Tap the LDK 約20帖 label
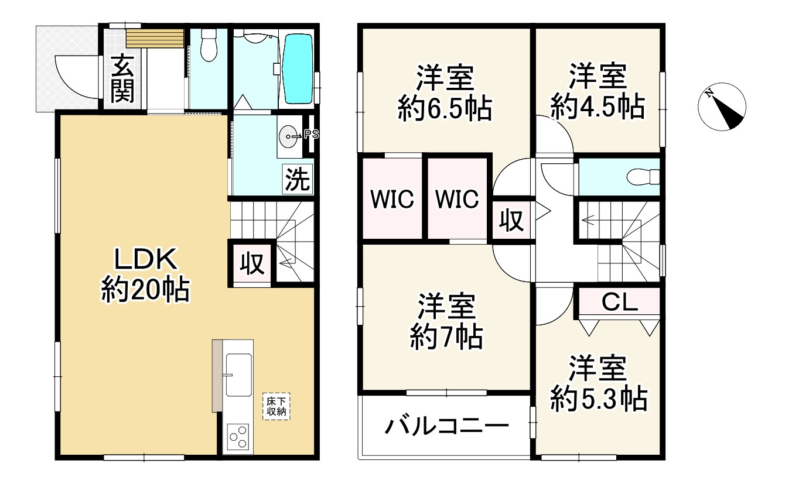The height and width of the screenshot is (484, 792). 145,274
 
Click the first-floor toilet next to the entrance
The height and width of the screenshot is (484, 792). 208,46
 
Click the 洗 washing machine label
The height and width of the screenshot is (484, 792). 297,180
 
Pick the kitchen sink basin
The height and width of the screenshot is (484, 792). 238,375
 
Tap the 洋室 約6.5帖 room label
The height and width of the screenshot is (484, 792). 445,93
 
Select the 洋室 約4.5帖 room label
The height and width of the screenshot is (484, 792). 598,91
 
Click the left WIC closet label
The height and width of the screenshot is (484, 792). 392,200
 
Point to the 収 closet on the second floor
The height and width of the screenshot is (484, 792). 511,221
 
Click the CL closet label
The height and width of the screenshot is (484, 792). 620,303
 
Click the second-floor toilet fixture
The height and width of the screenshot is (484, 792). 641,176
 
